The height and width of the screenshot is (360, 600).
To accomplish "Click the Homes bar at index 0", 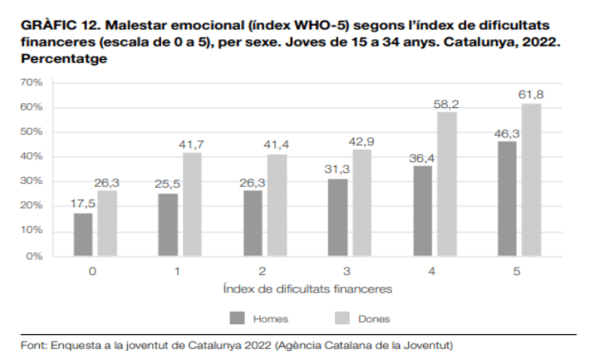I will [x=83, y=234].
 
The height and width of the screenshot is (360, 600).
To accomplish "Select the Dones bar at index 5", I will [x=531, y=180].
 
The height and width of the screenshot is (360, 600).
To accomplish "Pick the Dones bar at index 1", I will [x=192, y=205].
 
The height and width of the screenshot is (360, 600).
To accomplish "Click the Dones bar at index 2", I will [x=277, y=205].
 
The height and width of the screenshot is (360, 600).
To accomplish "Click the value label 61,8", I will [x=531, y=93].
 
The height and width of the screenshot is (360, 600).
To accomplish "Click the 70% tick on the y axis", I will [x=32, y=82].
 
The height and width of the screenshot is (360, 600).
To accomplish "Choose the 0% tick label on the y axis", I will [x=34, y=256].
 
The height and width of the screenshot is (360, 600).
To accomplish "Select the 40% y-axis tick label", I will [x=32, y=157].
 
